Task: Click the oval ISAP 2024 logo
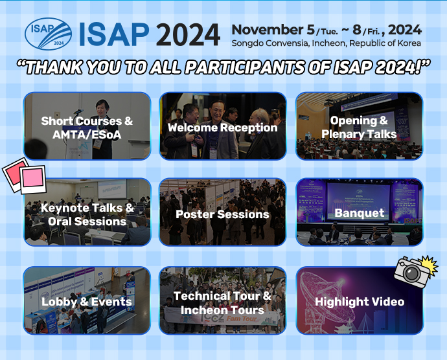coord(48,34)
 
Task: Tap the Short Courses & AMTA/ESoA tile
coord(87,126)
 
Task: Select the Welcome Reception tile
coord(223,126)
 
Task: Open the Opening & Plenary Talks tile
coord(359,126)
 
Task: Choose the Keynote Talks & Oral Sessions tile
coord(87,212)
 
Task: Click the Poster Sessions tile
coord(223,212)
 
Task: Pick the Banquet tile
coord(359,212)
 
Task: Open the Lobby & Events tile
coord(87,300)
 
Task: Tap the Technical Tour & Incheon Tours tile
coord(223,300)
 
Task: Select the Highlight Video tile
coord(359,300)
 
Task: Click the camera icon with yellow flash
coord(416,271)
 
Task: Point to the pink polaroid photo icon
coord(25,175)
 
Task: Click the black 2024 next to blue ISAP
coord(188,34)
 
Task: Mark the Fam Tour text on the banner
coord(241,319)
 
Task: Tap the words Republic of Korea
coord(385,43)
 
